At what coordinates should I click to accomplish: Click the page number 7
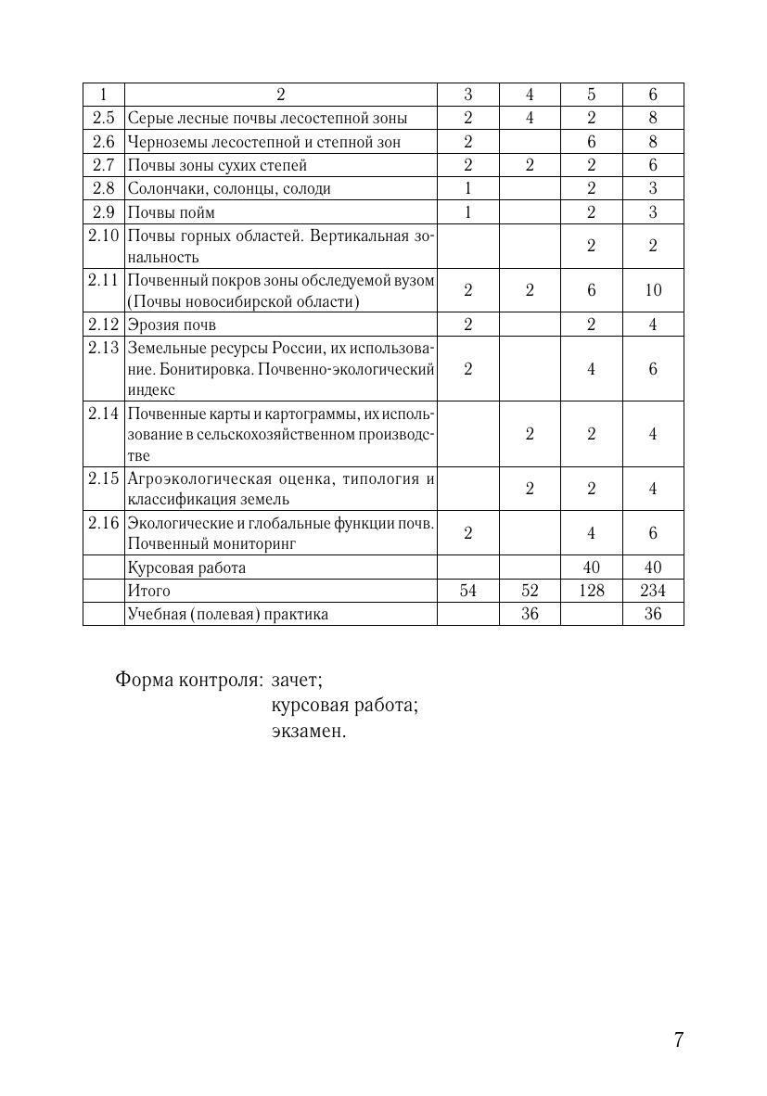tap(679, 1039)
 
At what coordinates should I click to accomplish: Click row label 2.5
tap(103, 118)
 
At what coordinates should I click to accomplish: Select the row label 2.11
tap(103, 279)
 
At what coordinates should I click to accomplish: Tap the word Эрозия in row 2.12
tap(151, 325)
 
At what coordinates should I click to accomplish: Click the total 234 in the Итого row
tap(653, 591)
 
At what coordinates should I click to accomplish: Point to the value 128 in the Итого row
tap(591, 591)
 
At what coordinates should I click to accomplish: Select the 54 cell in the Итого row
tap(467, 591)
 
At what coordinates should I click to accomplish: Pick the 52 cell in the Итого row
tap(530, 591)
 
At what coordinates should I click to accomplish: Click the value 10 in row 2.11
tap(653, 290)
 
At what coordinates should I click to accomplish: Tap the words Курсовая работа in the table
tap(186, 567)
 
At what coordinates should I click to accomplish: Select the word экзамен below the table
tap(308, 731)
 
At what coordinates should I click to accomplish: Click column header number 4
tap(530, 95)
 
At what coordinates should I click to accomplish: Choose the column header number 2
tap(281, 95)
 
